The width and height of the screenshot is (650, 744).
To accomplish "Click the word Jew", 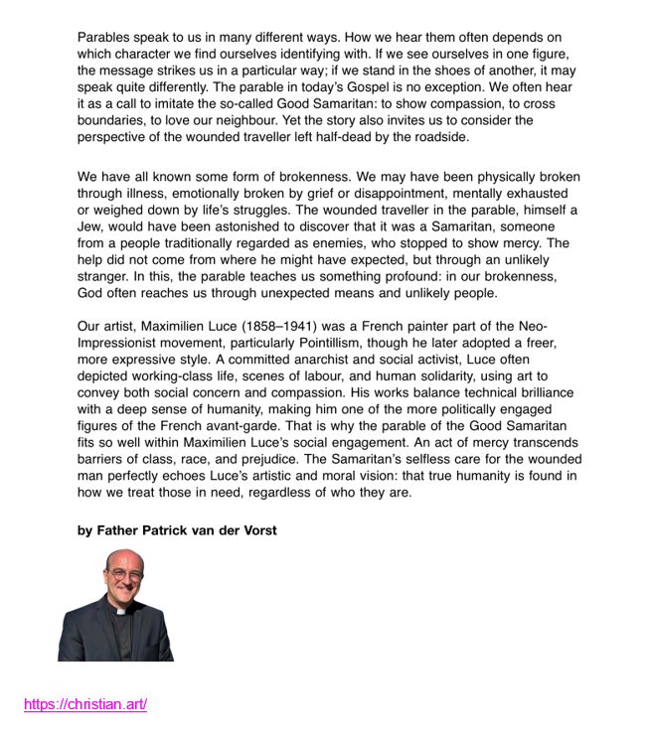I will point(92,226).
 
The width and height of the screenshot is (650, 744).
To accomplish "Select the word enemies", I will point(358,243).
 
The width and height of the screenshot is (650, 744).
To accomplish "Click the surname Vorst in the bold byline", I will point(256,530).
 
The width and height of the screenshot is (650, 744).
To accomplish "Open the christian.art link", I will point(85,705).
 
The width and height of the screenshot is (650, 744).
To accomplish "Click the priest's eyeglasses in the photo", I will point(126,574).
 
